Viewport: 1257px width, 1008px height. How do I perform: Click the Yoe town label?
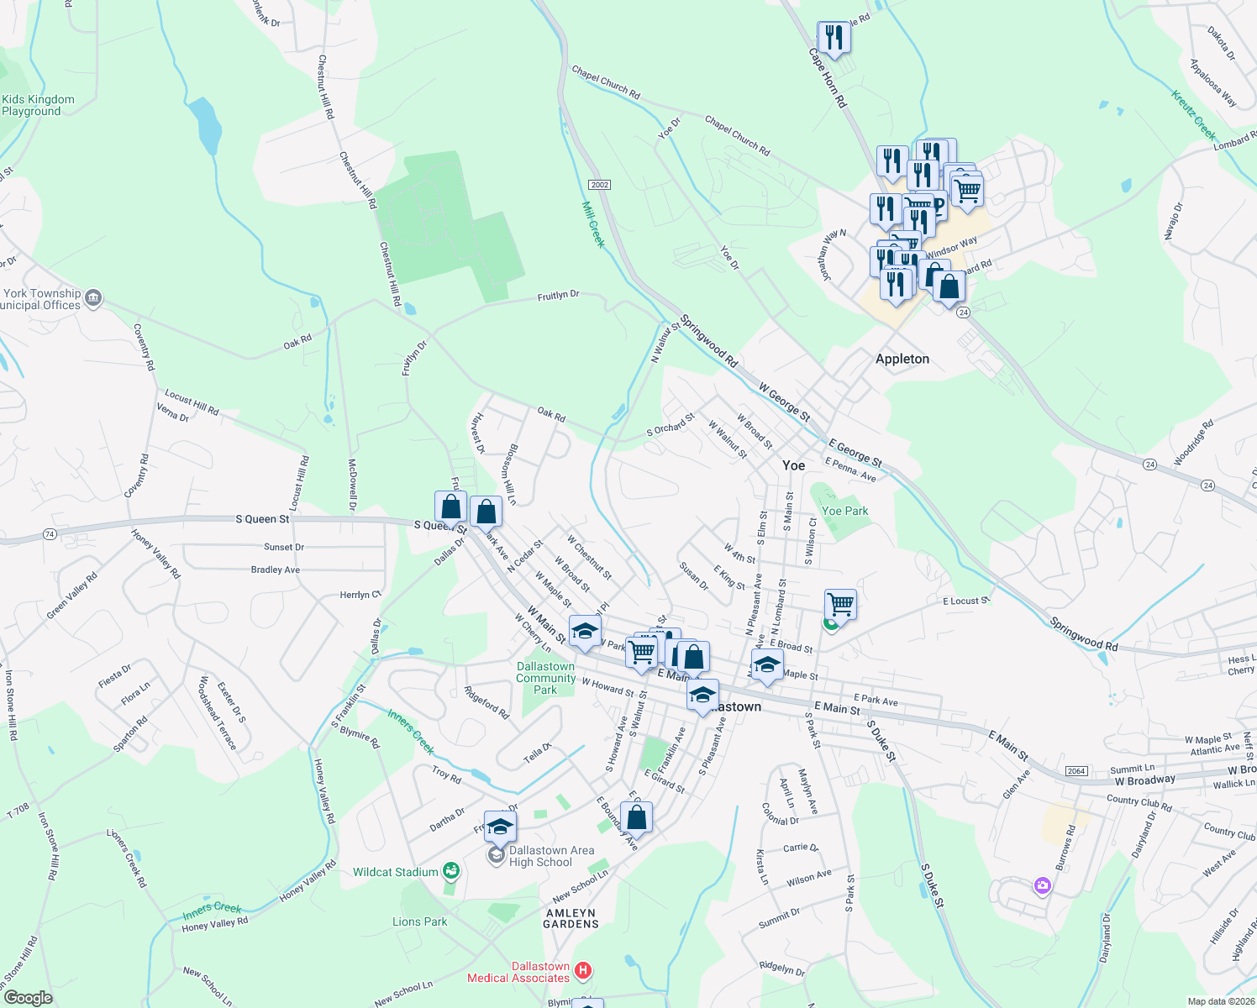click(x=793, y=465)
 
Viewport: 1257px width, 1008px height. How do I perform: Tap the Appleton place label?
click(x=902, y=359)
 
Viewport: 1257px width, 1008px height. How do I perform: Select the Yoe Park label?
click(x=844, y=511)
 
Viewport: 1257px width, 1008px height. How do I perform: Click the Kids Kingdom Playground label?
click(x=38, y=105)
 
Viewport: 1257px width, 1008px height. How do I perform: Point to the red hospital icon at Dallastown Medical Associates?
click(x=583, y=971)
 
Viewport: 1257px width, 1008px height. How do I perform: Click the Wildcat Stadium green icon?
click(x=451, y=871)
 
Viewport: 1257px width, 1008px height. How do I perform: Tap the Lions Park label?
click(x=419, y=921)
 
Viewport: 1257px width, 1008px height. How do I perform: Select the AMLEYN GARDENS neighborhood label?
click(x=571, y=918)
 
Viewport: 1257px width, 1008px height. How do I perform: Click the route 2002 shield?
click(x=599, y=185)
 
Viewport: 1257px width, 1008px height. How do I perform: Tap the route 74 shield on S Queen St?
click(x=50, y=534)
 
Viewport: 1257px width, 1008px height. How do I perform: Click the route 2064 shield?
click(x=1076, y=771)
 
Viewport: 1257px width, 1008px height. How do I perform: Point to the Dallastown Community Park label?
click(x=545, y=678)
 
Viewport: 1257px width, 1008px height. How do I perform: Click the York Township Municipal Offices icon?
click(x=93, y=297)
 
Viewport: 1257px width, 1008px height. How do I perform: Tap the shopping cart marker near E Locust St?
click(x=840, y=603)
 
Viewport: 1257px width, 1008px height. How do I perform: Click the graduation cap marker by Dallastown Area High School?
click(x=500, y=827)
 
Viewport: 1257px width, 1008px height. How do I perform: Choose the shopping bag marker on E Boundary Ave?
click(x=637, y=817)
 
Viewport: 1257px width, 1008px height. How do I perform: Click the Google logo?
click(x=29, y=998)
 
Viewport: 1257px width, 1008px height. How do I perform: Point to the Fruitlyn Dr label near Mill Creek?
click(x=558, y=296)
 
